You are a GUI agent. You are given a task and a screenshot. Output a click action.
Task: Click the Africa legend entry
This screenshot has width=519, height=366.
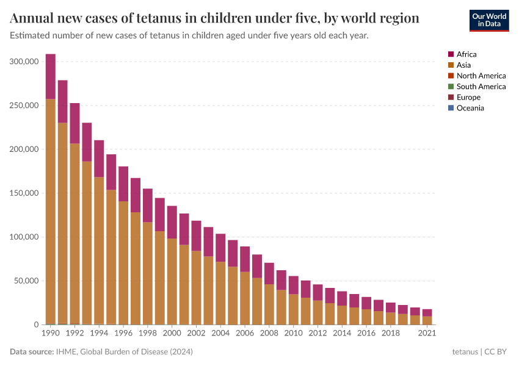(x=467, y=54)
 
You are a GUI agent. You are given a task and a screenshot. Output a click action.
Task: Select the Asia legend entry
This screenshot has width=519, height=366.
(x=463, y=65)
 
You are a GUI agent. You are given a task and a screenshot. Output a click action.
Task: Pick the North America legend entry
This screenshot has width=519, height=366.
(x=481, y=76)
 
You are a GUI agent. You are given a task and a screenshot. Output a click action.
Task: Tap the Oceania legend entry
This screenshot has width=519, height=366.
(x=470, y=108)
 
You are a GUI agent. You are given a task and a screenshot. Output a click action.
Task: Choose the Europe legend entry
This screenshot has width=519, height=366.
(x=468, y=97)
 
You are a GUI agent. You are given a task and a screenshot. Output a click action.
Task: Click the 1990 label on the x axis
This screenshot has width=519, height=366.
(x=50, y=334)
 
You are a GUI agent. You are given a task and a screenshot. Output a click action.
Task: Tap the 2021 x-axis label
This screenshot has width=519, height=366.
(x=427, y=334)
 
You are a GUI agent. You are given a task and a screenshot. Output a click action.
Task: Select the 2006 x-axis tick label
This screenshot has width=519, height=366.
(x=244, y=334)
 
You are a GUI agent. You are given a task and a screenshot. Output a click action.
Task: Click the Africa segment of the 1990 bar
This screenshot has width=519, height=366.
(x=51, y=76)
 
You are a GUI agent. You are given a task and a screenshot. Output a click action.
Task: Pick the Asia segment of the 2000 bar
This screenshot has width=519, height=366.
(x=172, y=281)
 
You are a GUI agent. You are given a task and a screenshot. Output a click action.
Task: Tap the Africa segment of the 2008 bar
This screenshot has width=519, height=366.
(x=269, y=273)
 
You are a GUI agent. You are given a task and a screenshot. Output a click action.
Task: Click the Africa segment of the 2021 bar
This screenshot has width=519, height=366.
(x=427, y=312)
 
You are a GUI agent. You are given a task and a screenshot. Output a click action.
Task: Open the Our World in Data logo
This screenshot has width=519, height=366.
(x=488, y=20)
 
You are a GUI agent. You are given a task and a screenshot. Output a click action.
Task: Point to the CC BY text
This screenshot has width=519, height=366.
(x=496, y=352)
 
